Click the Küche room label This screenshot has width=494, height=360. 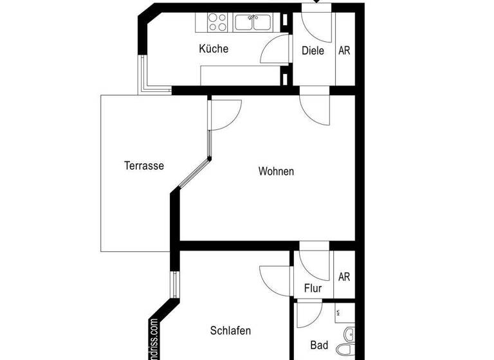pyautogui.click(x=214, y=49)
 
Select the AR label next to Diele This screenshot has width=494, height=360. pyautogui.click(x=344, y=50)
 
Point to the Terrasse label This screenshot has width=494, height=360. pyautogui.click(x=144, y=165)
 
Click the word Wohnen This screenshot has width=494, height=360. pyautogui.click(x=276, y=171)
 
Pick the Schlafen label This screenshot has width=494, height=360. pyautogui.click(x=230, y=331)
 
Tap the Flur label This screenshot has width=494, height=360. pyautogui.click(x=313, y=289)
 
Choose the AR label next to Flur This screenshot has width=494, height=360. pyautogui.click(x=344, y=277)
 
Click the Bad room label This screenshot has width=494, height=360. pyautogui.click(x=319, y=345)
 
